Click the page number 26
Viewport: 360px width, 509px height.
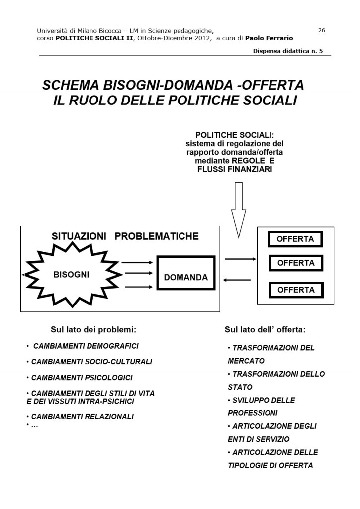(321, 30)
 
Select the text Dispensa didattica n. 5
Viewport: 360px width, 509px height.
(287, 51)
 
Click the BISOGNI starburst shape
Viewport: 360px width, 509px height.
(72, 274)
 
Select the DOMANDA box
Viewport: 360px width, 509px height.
(185, 277)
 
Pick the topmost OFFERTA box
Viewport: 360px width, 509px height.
(295, 239)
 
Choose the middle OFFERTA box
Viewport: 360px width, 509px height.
(295, 263)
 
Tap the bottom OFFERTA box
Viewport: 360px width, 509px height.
(295, 290)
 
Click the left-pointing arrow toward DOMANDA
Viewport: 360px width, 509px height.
(237, 280)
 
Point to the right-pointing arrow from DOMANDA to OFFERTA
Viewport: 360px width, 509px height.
(240, 259)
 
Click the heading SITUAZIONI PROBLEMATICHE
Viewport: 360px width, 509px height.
(125, 236)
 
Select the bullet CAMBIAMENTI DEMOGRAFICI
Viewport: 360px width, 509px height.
(86, 346)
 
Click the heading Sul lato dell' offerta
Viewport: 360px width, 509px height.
(265, 329)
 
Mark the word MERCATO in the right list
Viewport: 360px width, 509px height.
(246, 361)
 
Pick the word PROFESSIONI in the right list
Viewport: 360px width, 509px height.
(253, 413)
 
